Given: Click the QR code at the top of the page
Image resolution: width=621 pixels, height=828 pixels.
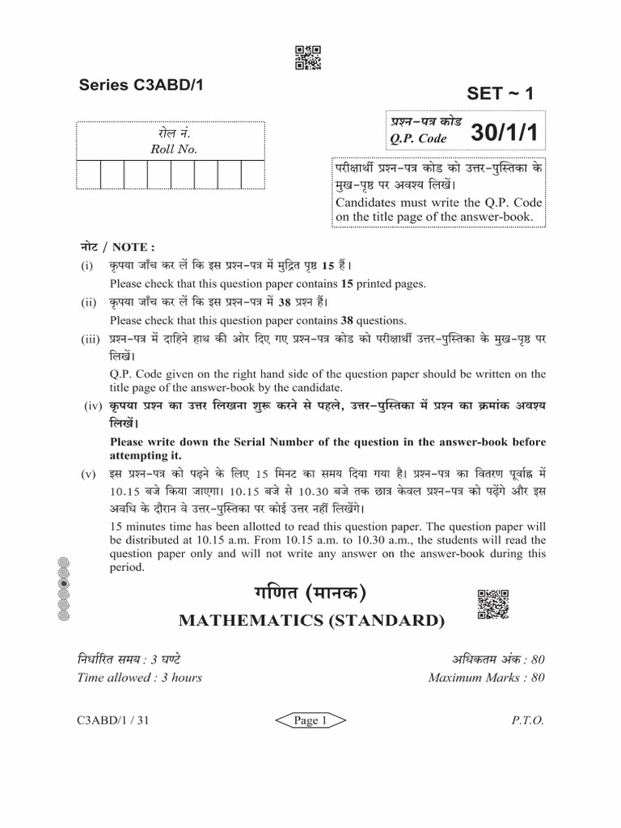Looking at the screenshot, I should click(x=309, y=58).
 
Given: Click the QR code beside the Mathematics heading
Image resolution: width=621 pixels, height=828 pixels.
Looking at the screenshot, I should click(x=492, y=605).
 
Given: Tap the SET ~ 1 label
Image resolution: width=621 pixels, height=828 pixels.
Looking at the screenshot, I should click(x=501, y=93).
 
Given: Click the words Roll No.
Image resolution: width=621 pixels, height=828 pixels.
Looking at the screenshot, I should click(x=174, y=150).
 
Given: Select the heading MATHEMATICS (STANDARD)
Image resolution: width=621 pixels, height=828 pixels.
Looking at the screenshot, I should click(x=310, y=621).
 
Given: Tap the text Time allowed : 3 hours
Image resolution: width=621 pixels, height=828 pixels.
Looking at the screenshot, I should click(x=139, y=678).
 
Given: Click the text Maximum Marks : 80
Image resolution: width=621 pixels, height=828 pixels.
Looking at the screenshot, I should click(x=486, y=678).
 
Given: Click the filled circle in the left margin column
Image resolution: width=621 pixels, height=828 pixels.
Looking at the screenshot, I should click(x=65, y=582).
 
